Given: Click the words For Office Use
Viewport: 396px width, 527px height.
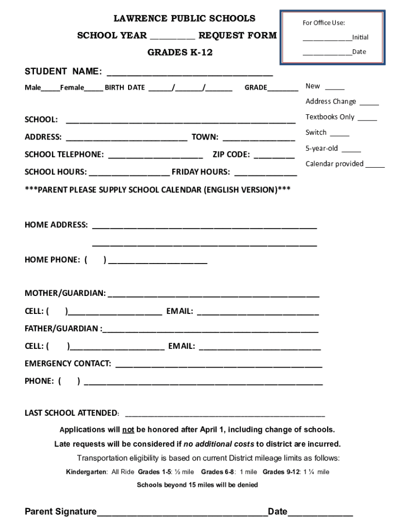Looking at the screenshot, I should [323, 23].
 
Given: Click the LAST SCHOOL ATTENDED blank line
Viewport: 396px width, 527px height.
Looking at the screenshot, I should [225, 414].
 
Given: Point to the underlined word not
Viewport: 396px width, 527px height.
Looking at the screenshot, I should [128, 430].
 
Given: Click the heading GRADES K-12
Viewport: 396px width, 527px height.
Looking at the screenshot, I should [180, 52].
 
